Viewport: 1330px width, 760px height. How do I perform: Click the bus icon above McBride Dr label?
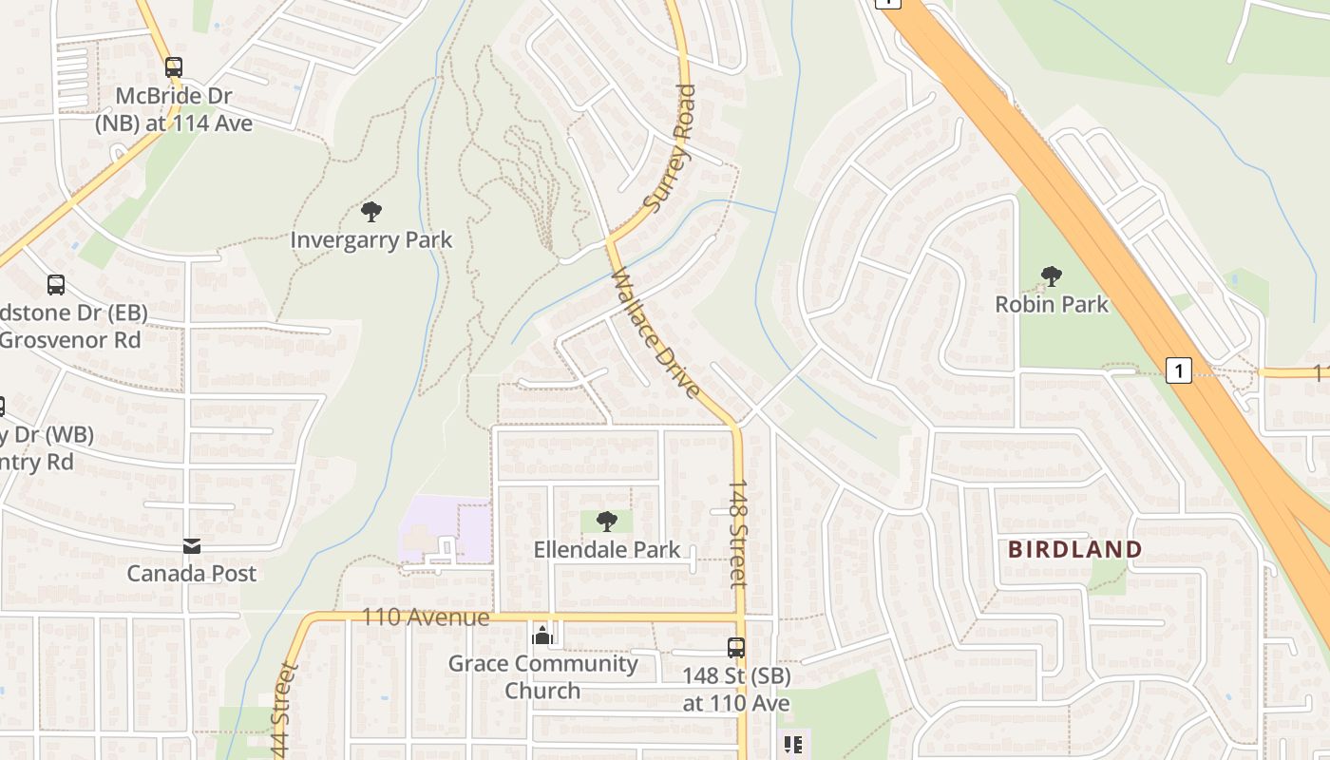pos(173,67)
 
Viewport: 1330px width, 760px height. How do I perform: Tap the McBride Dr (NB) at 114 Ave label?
pos(174,109)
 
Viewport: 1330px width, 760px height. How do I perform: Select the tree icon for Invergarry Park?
pos(371,212)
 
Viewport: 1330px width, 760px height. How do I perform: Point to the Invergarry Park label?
pos(371,239)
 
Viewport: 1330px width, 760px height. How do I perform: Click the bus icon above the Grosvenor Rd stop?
pos(56,284)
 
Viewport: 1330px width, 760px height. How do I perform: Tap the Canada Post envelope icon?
pos(192,546)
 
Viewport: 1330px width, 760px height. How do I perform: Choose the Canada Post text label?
pos(192,573)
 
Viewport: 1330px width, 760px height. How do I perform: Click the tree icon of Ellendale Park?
pos(606,521)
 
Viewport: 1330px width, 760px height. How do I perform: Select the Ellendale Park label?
pos(607,549)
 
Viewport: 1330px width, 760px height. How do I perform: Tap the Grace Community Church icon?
pos(542,636)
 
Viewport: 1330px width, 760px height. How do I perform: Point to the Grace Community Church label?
pos(542,676)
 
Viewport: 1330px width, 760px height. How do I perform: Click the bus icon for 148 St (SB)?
pos(736,648)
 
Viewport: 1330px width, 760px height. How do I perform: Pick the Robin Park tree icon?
pos(1051,276)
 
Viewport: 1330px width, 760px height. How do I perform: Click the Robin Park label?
pos(1052,304)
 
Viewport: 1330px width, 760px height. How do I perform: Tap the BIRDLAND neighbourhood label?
pos(1074,549)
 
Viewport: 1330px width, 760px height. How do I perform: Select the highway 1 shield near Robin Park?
pos(1178,370)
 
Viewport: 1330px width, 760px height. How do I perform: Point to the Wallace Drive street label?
pos(655,333)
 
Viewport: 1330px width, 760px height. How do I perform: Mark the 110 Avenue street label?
pos(426,617)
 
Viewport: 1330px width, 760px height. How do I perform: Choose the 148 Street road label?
pos(739,532)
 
